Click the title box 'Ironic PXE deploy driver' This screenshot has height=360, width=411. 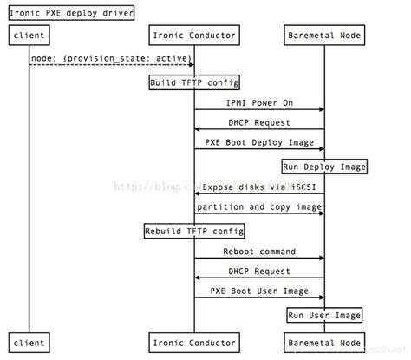pos(71,11)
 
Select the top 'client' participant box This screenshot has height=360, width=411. pos(29,36)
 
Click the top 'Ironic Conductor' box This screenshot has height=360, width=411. pos(194,36)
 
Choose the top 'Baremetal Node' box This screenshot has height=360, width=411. pos(324,36)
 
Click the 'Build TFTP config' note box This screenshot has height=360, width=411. pos(194,83)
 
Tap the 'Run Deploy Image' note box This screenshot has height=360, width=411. pos(324,166)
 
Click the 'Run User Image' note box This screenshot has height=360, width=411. pos(324,314)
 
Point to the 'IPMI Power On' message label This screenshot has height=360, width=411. pos(259,101)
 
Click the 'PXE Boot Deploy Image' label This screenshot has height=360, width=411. pos(259,142)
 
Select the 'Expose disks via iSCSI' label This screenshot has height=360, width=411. pos(259,187)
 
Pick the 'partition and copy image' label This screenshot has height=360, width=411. pos(259,207)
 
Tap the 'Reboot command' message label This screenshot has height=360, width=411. pos(259,252)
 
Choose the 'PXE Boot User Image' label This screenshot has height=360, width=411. pos(259,292)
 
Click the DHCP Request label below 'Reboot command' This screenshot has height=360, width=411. pos(259,272)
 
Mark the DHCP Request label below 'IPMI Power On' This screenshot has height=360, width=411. pos(259,122)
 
